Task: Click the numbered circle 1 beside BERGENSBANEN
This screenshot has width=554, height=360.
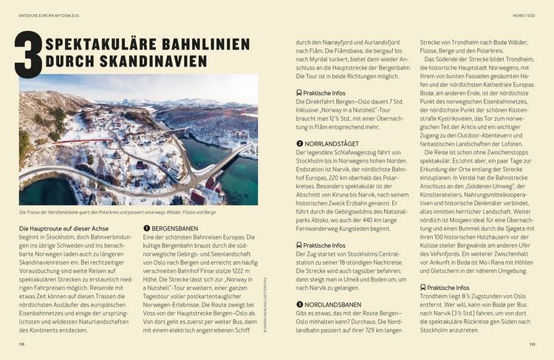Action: pyautogui.click(x=147, y=229)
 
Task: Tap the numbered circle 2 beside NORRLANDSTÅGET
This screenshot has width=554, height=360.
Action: pyautogui.click(x=298, y=143)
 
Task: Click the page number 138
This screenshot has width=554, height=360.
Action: pyautogui.click(x=22, y=343)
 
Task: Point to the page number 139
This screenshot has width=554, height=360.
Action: pyautogui.click(x=531, y=343)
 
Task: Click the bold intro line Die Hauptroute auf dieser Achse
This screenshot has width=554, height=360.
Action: pyautogui.click(x=67, y=229)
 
